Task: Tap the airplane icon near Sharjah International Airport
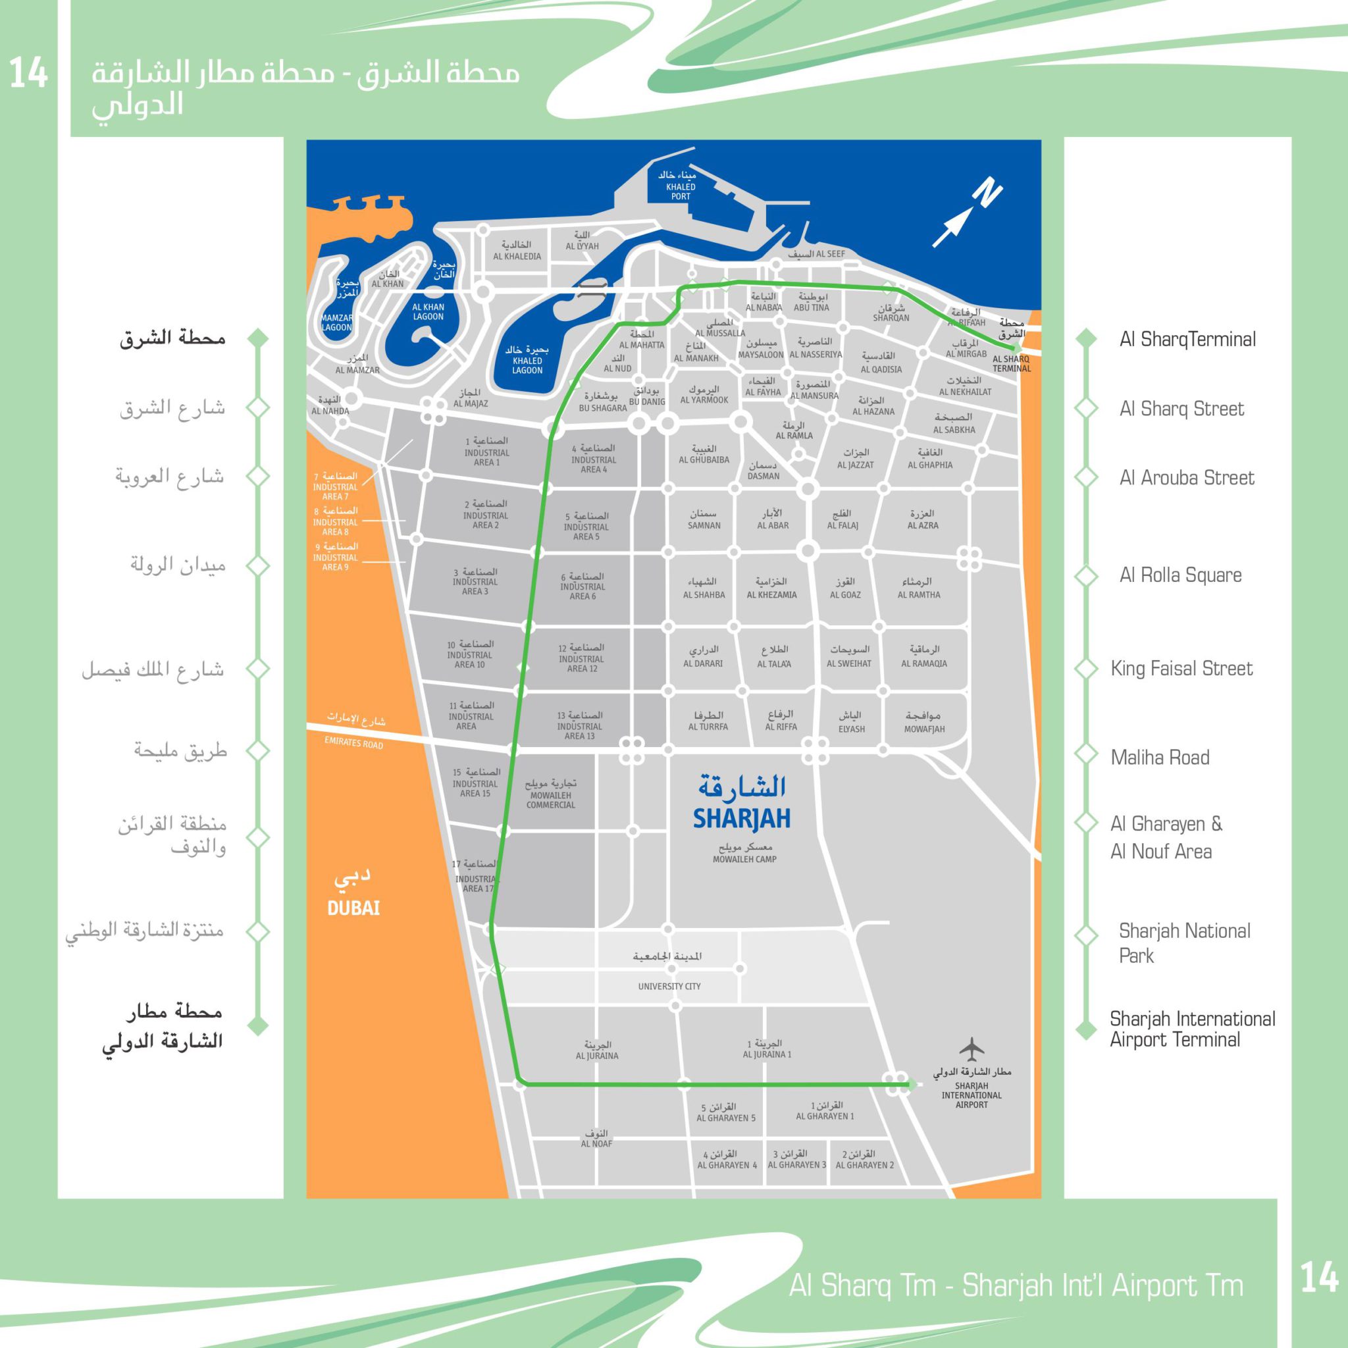[x=971, y=1047]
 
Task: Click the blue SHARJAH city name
[x=742, y=818]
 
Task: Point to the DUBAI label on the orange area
[x=353, y=908]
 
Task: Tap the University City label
[x=669, y=986]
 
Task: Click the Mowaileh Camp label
[x=744, y=859]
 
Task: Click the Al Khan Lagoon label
[x=428, y=312]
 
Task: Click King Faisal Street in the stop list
[x=1181, y=669]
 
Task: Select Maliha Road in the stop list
[x=1160, y=758]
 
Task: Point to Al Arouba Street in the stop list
[x=1186, y=478]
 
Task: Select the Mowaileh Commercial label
[x=550, y=800]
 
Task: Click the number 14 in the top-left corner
[x=28, y=73]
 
